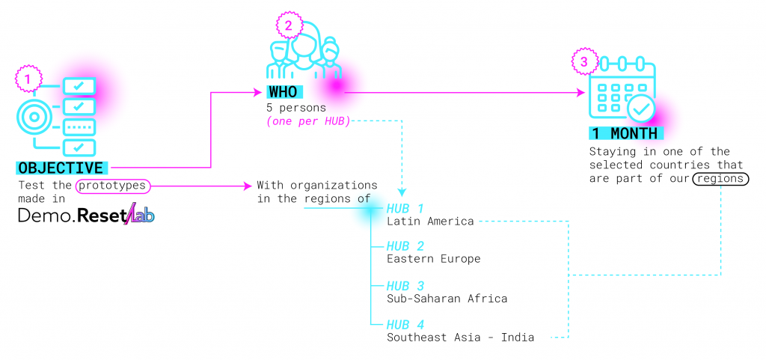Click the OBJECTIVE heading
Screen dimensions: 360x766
coord(61,168)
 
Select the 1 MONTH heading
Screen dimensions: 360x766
coord(625,134)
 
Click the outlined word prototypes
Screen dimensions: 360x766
coord(112,185)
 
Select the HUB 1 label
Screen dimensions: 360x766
coord(405,208)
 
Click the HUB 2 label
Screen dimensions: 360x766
coord(405,246)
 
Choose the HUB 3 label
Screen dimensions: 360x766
coord(405,286)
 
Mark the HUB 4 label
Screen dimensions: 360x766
coord(405,325)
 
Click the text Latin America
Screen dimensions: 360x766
coord(430,222)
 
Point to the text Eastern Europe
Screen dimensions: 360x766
coord(433,260)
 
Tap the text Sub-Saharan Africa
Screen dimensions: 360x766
coord(447,299)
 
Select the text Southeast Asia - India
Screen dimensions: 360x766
coord(460,338)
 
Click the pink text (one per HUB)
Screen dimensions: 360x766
coord(308,121)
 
